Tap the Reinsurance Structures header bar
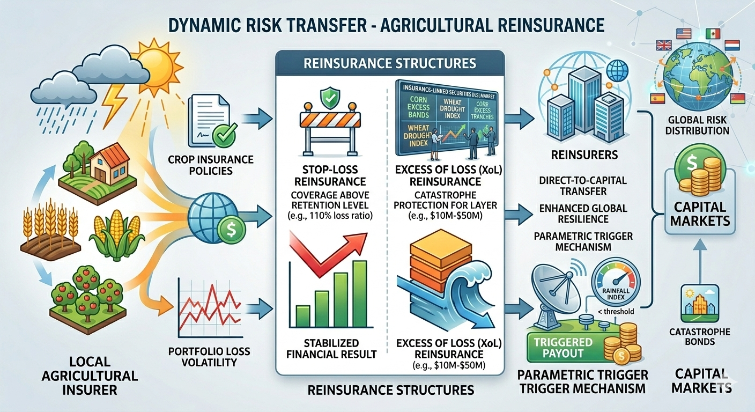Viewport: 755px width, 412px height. click(389, 63)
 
